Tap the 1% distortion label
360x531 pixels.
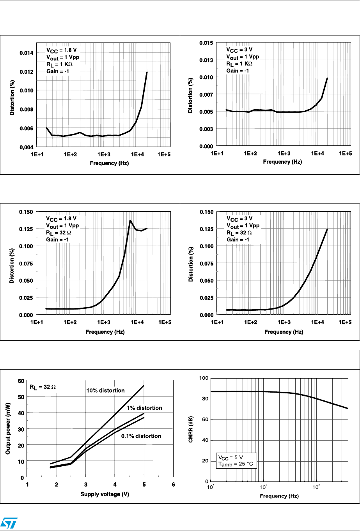(x=144, y=408)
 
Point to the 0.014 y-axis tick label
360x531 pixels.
(x=27, y=53)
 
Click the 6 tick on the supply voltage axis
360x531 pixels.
(x=173, y=485)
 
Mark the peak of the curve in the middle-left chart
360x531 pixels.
(x=130, y=220)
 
